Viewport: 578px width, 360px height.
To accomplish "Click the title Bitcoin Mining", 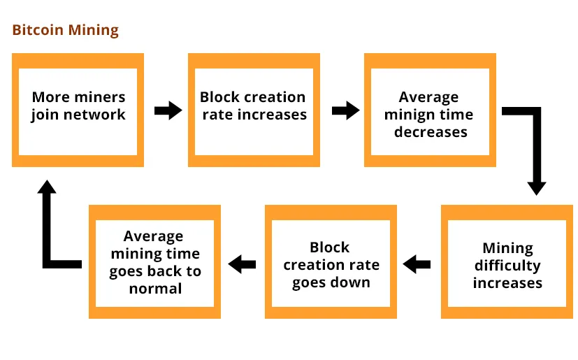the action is coord(66,30).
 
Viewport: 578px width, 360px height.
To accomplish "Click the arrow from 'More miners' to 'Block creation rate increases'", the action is coord(168,110).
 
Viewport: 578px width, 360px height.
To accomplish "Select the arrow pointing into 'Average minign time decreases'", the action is coord(346,110).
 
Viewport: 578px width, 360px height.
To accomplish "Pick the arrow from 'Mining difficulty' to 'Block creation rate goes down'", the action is coord(417,264).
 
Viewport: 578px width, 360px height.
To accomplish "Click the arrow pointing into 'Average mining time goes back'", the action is coord(242,264).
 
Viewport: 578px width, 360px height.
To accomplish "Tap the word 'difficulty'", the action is coord(507,266).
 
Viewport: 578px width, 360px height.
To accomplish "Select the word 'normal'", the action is coord(155,289).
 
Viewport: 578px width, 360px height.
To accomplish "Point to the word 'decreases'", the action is coord(431,132).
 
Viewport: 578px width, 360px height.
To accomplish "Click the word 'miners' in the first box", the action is coord(102,97).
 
